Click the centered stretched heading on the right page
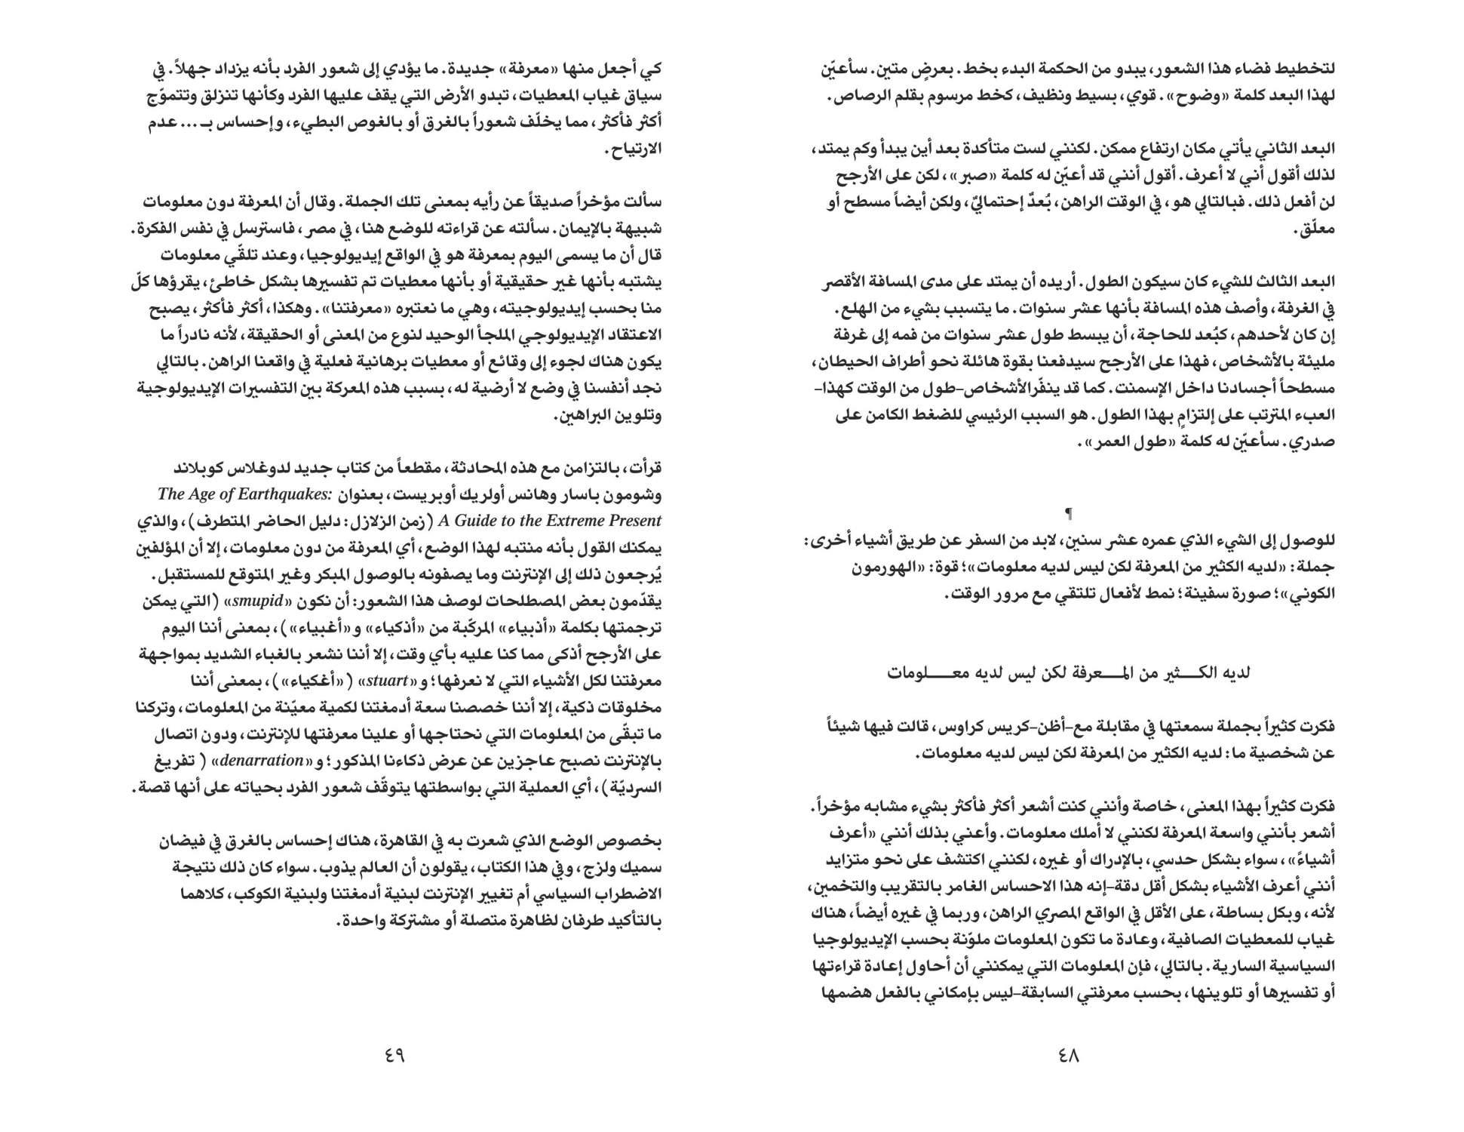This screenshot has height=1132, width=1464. pyautogui.click(x=1069, y=673)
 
